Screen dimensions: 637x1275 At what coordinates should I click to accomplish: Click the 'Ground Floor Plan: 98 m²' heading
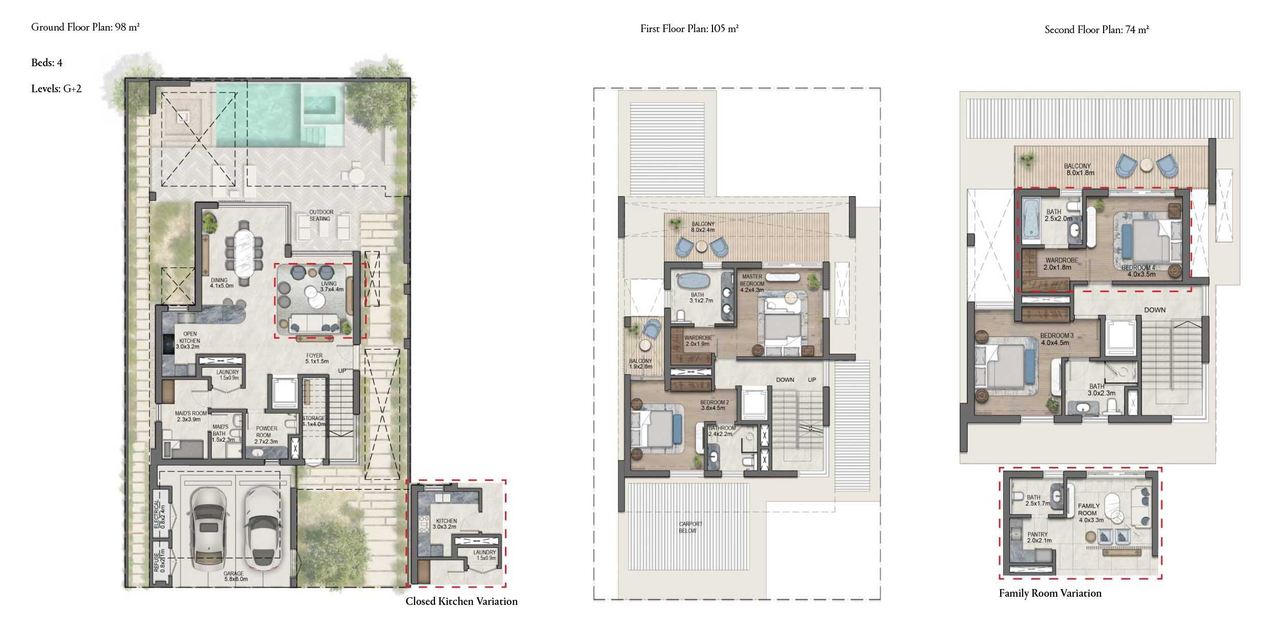point(85,28)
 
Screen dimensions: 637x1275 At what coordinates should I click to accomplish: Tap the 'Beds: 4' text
point(47,63)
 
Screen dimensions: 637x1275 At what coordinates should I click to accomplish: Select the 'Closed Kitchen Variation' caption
point(461,601)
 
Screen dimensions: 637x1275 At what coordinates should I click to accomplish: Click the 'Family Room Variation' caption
point(1050,593)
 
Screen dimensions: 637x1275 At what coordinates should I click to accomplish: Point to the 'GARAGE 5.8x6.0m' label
point(235,576)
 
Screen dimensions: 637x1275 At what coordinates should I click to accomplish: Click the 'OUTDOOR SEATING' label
point(321,216)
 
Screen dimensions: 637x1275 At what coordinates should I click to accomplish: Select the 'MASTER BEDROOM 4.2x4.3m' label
point(752,283)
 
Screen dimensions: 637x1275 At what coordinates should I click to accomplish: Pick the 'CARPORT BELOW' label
point(691,527)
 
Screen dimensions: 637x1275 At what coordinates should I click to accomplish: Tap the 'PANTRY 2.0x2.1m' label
point(1039,538)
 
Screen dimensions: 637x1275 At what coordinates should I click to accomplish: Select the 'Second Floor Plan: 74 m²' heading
point(1096,30)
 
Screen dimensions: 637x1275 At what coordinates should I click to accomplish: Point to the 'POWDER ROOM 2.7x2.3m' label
point(267,435)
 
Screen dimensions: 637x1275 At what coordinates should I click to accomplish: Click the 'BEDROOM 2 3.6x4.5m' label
point(714,405)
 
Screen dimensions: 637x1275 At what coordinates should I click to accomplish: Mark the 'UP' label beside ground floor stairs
point(342,370)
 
